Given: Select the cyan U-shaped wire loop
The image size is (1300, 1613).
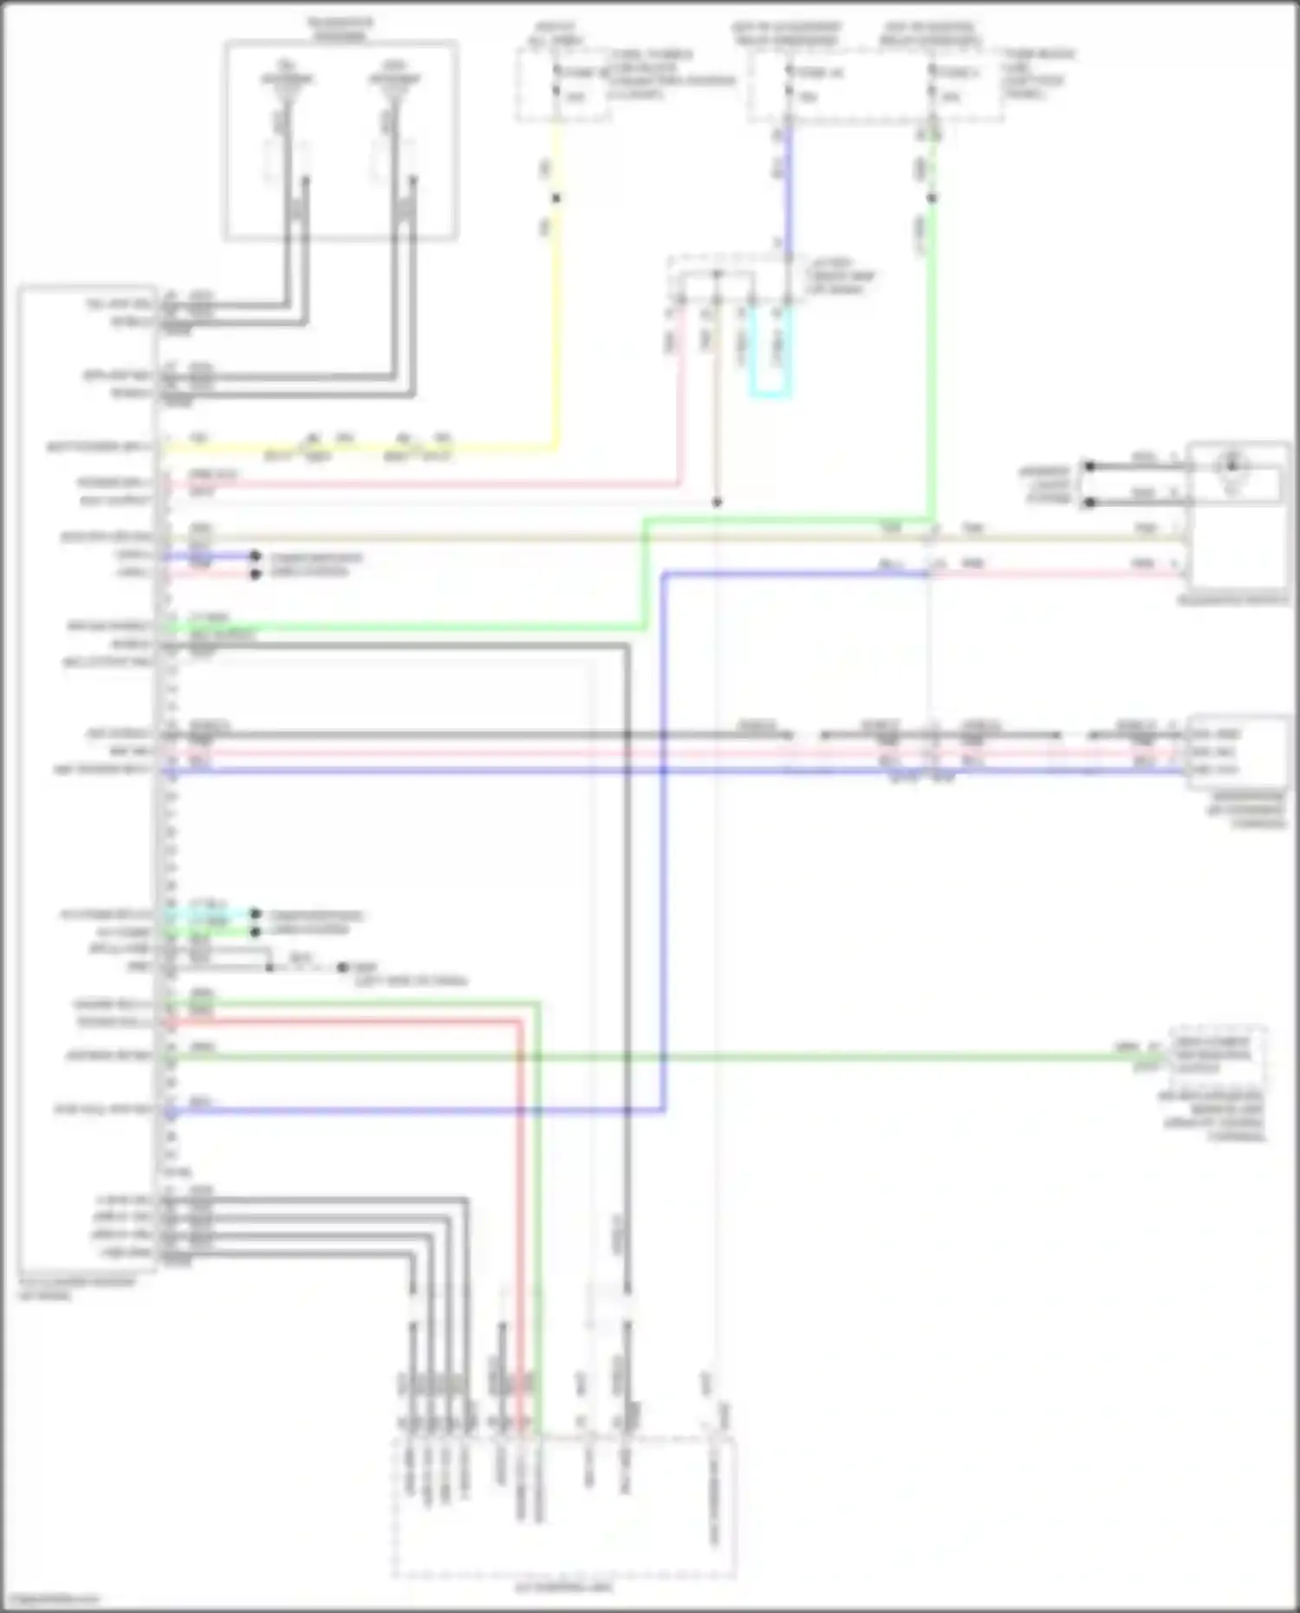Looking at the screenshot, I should (770, 395).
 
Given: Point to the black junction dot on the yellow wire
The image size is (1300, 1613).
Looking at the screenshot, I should (556, 198).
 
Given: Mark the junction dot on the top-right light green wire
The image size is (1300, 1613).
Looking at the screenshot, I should (932, 198).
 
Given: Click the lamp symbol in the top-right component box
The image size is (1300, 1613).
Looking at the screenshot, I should (1232, 468).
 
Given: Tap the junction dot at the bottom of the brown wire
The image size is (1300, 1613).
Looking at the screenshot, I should (717, 503).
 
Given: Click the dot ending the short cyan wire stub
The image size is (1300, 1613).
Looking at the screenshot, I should (255, 914).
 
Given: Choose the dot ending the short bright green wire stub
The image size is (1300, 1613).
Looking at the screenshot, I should (255, 933).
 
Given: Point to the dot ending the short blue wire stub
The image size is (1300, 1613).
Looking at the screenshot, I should (255, 556).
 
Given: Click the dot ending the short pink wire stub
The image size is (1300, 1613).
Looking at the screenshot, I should (255, 574).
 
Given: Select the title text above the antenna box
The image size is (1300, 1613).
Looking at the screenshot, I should (340, 29).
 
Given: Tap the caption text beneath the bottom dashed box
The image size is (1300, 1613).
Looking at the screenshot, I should (564, 1588).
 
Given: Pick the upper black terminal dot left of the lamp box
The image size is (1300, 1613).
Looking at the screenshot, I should (1089, 466).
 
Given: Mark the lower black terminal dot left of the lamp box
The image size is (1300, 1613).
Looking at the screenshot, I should (1089, 503).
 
